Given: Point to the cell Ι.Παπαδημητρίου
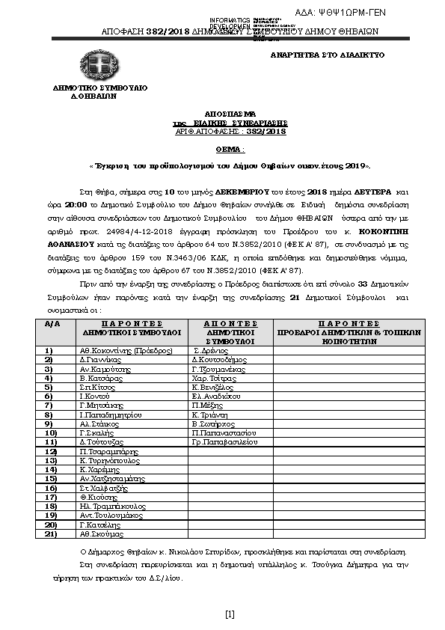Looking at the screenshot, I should (111, 414).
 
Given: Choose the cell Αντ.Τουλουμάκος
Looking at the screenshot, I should (111, 515).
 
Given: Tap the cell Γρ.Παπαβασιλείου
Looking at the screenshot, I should (224, 442).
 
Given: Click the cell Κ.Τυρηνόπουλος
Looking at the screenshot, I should (111, 461).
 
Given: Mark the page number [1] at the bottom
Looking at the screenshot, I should (230, 615).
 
